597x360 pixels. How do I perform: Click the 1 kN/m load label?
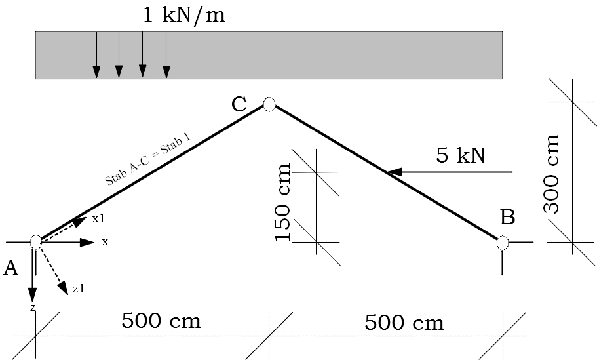184,15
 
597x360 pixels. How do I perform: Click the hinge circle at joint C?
269,104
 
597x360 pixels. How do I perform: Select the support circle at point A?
36,242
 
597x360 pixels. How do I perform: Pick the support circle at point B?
503,243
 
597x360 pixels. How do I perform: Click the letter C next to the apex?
239,104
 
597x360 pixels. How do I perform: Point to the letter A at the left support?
10,268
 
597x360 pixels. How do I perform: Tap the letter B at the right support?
508,216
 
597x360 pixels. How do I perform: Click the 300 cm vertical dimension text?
552,174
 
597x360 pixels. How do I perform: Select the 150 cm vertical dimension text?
283,203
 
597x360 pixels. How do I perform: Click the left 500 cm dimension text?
161,321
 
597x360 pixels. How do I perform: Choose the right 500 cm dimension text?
404,323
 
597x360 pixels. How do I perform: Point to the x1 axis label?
98,218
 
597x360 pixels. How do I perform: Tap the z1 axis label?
78,289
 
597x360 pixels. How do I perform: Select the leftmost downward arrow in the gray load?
96,70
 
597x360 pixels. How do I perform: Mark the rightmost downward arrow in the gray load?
166,70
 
